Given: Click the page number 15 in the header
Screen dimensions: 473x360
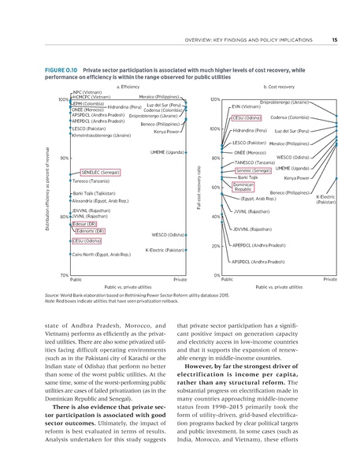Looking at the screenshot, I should (335, 41).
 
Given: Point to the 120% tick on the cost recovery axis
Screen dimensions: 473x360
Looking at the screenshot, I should (214, 100).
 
